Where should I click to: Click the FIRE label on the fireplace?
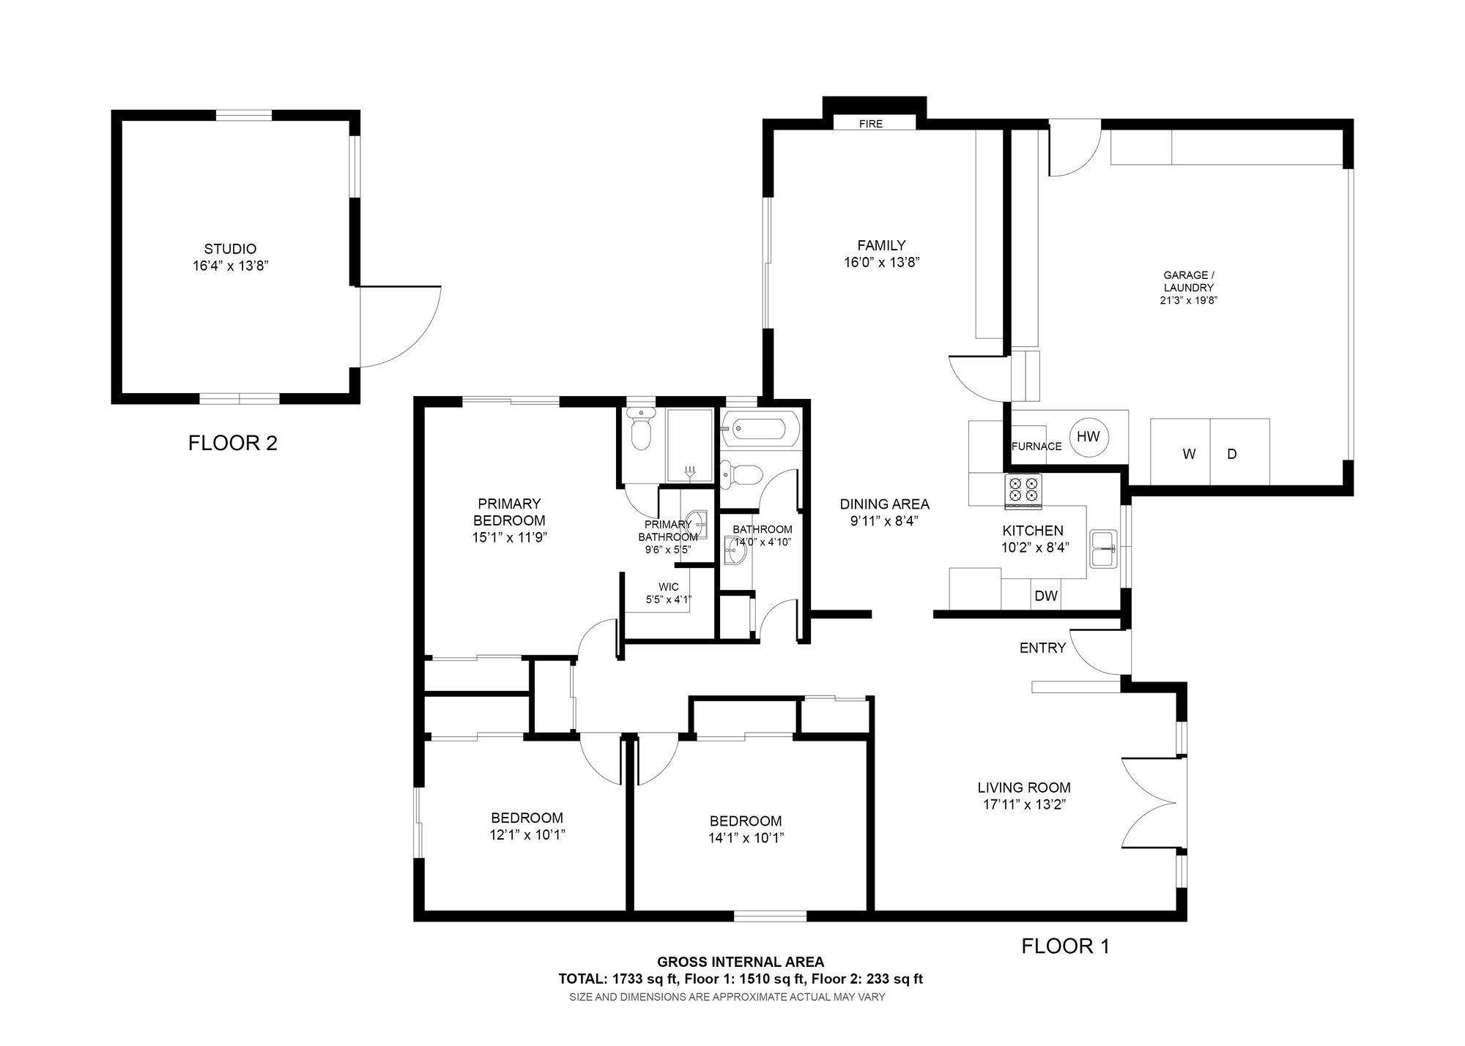coord(871,124)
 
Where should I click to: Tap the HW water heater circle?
coord(1088,437)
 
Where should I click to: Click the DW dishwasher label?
coord(1046,596)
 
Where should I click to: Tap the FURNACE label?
coord(1036,447)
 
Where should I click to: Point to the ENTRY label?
coord(1042,648)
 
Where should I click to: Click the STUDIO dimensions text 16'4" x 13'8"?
coord(230,266)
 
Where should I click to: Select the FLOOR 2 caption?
coord(233,443)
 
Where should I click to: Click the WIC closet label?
coord(669,587)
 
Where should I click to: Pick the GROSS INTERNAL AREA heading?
coord(741,962)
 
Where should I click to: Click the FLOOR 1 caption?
coord(1066,946)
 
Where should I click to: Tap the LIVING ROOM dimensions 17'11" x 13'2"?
coord(1024,805)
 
